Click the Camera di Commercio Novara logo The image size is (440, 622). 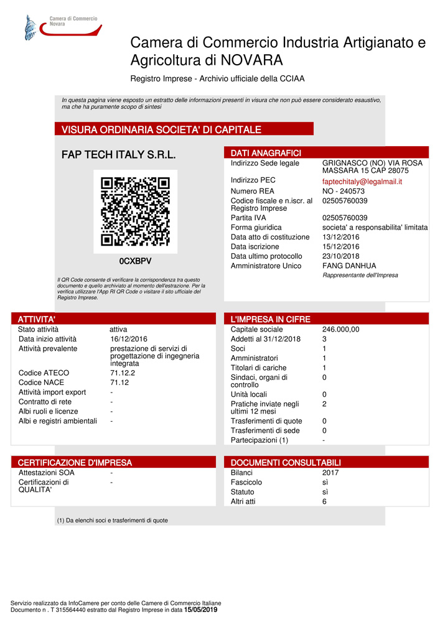(60, 26)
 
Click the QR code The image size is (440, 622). (135, 211)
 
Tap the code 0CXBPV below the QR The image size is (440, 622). (135, 261)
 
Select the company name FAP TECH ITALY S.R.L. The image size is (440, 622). (118, 155)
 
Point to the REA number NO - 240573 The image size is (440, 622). (344, 191)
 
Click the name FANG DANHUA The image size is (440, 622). (349, 266)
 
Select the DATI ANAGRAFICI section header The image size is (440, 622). (266, 153)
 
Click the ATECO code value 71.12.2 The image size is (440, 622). (123, 373)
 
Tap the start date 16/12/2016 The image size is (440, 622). (128, 339)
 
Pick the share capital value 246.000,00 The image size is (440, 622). (340, 330)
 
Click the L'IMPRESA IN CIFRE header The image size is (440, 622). (270, 319)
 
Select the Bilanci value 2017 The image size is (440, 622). (331, 473)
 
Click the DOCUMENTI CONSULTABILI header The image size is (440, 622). (286, 463)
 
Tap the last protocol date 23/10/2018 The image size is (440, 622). (340, 256)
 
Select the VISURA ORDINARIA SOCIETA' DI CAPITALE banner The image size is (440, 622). (161, 129)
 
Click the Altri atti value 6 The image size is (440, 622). (325, 501)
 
